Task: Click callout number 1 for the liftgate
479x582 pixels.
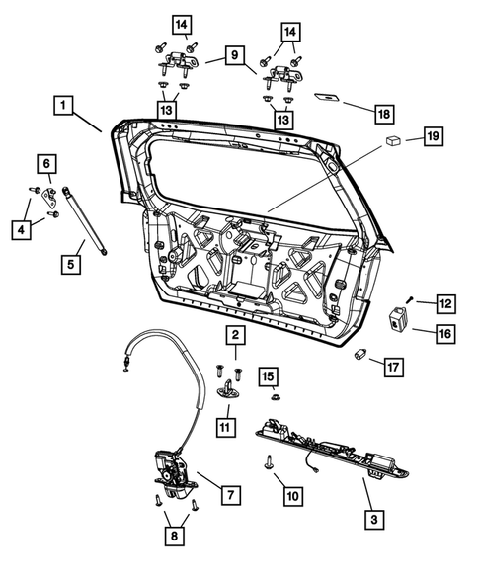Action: pyautogui.click(x=62, y=105)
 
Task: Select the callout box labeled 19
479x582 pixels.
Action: pyautogui.click(x=433, y=137)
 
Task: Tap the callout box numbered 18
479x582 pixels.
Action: pyautogui.click(x=383, y=114)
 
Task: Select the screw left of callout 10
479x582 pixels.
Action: pyautogui.click(x=269, y=460)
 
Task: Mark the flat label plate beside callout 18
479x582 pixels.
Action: pyautogui.click(x=327, y=98)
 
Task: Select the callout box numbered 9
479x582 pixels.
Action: pyautogui.click(x=233, y=56)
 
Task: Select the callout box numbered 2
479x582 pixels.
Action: pyautogui.click(x=234, y=337)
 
